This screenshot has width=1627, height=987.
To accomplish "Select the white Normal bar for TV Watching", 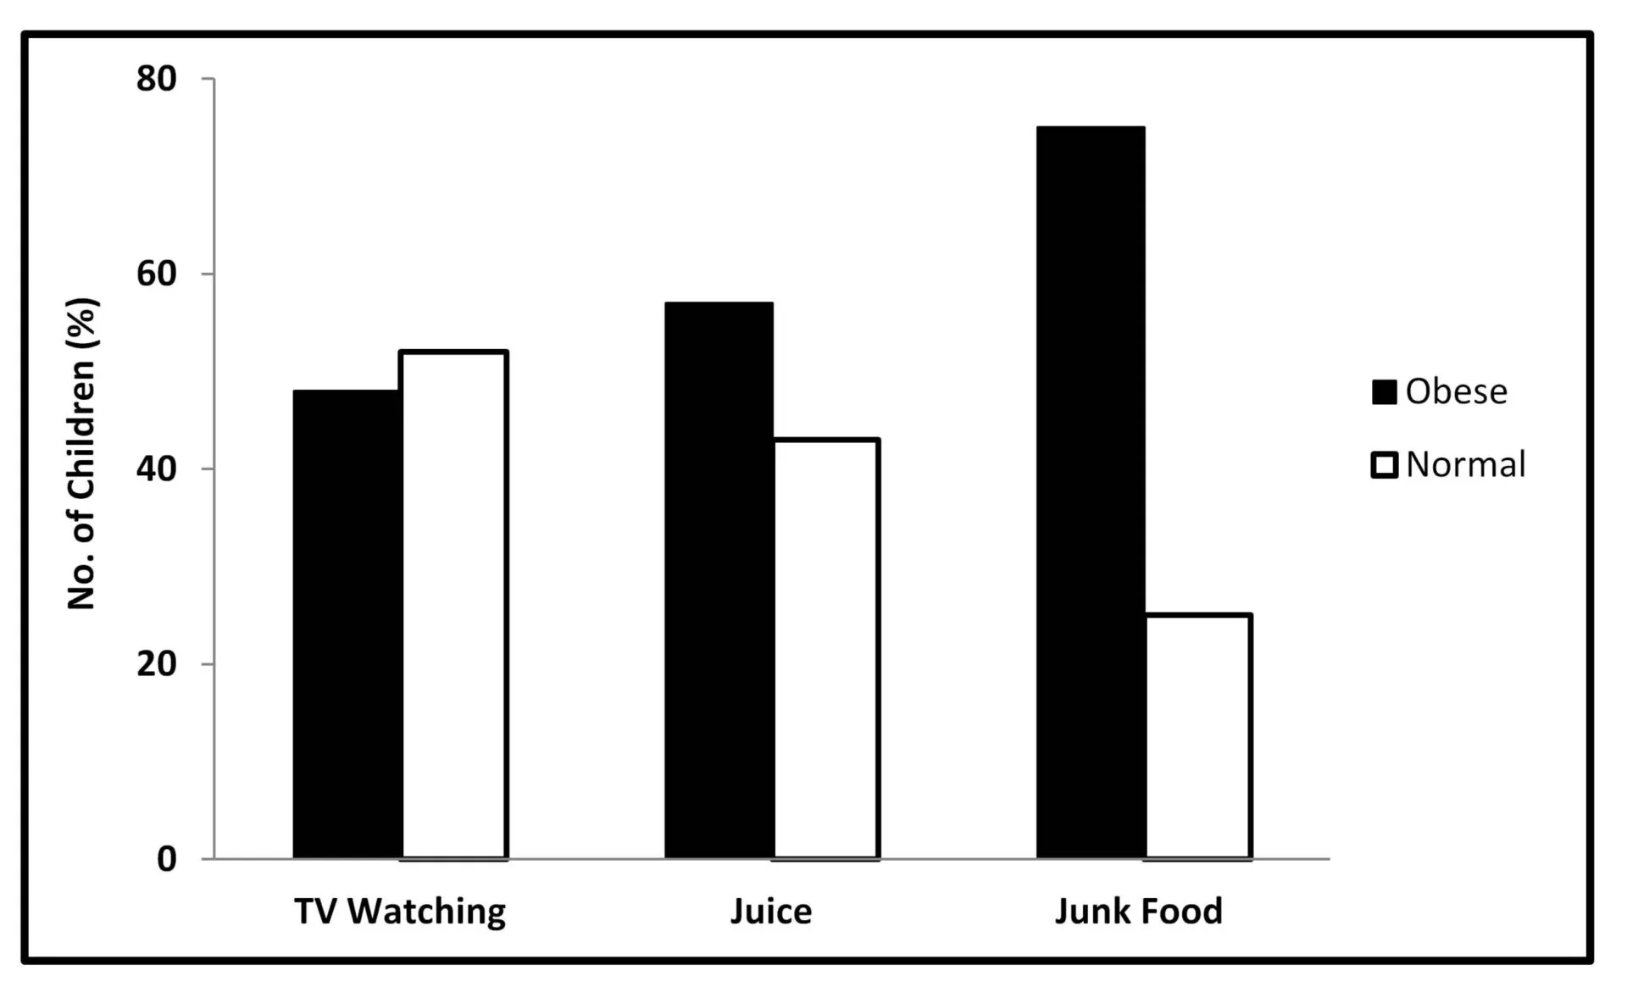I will (x=454, y=605).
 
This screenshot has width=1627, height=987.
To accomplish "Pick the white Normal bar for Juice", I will (x=825, y=649).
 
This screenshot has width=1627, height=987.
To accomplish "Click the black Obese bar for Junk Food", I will (x=1091, y=492).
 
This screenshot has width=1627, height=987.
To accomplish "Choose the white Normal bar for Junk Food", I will (x=1197, y=736).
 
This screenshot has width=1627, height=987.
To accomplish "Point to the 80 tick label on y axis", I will (x=157, y=79).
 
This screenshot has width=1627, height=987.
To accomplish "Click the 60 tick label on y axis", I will (x=157, y=274).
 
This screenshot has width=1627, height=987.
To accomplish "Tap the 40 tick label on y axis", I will (x=157, y=469).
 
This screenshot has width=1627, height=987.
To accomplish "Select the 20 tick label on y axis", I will (x=157, y=663).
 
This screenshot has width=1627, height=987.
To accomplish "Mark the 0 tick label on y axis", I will (x=167, y=858).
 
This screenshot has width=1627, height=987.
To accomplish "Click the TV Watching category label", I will (x=400, y=912).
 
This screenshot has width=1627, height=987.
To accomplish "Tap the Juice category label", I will (x=771, y=912).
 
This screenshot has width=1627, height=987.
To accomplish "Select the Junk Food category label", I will (x=1139, y=912).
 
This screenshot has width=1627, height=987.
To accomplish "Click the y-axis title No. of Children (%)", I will (x=83, y=453).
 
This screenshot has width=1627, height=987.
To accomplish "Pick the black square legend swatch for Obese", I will (x=1384, y=392).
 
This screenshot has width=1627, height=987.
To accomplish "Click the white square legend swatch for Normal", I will (x=1384, y=465).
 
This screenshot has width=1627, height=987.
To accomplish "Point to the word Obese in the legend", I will (x=1456, y=391).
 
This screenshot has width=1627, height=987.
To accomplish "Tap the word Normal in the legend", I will (x=1465, y=464).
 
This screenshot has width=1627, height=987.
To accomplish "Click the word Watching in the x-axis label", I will (x=426, y=912).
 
